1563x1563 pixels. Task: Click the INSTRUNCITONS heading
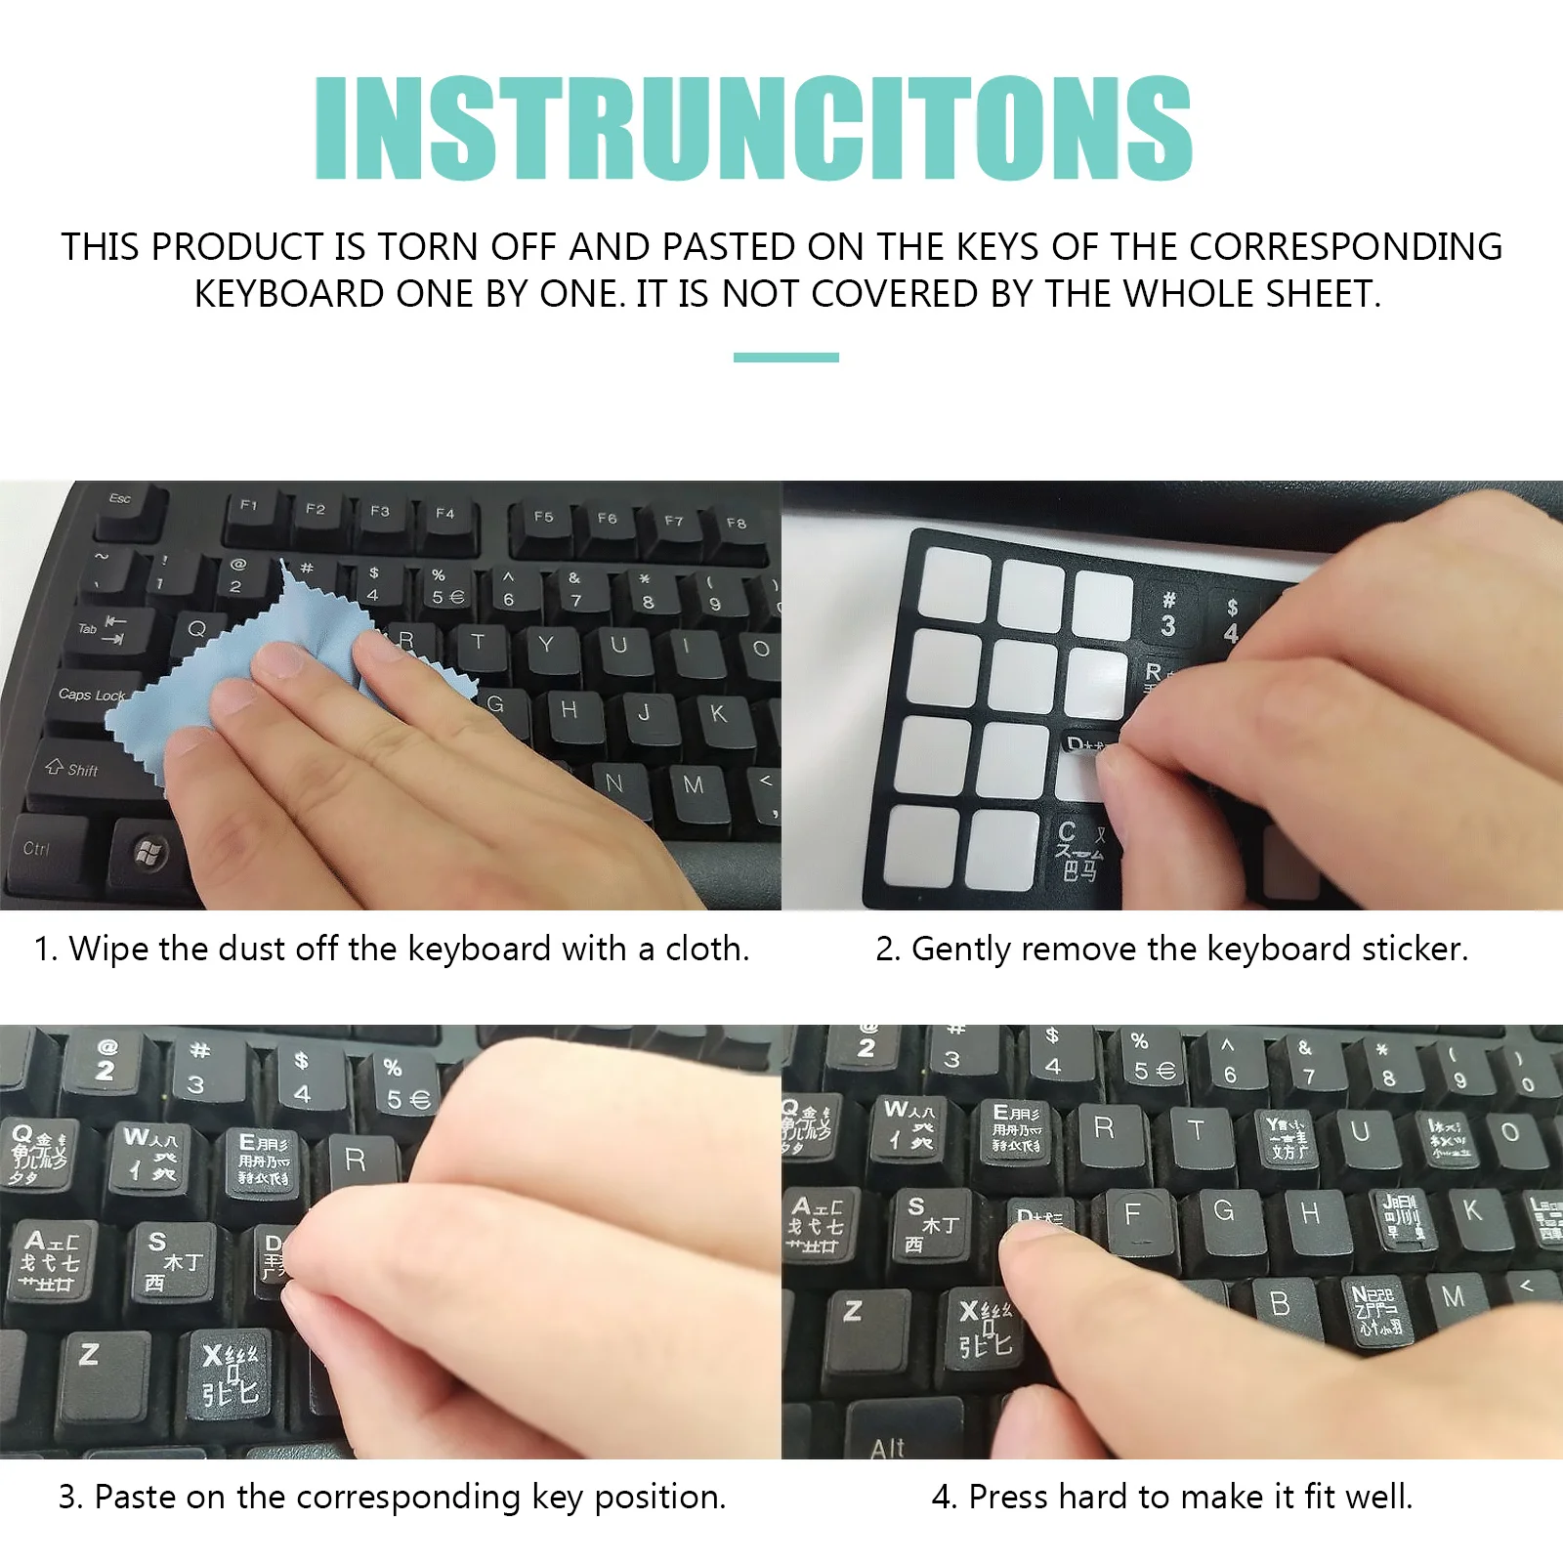click(752, 128)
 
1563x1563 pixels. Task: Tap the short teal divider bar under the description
click(785, 358)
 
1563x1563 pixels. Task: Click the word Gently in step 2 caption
click(961, 949)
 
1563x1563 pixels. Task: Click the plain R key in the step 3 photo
click(357, 1162)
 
